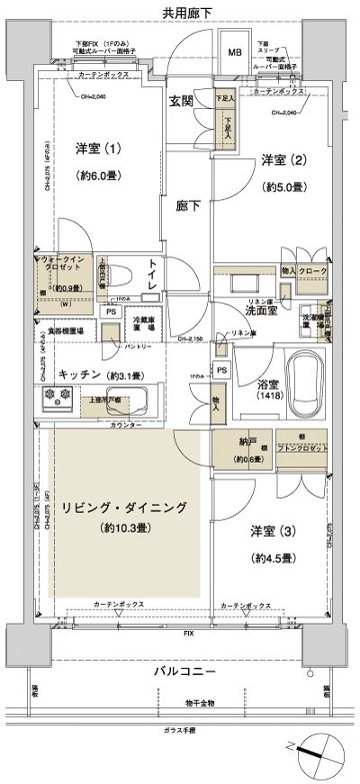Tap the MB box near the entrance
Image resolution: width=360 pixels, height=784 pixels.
[234, 53]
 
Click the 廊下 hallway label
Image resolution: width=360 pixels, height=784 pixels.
[188, 204]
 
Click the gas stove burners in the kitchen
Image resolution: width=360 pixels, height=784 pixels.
[53, 398]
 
